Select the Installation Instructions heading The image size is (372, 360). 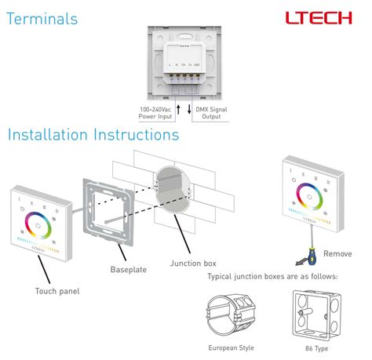pos(93,134)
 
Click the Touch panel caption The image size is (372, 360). pos(57,291)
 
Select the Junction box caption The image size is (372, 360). pos(193,264)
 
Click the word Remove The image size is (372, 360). pos(337,253)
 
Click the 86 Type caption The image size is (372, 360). pos(315,347)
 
